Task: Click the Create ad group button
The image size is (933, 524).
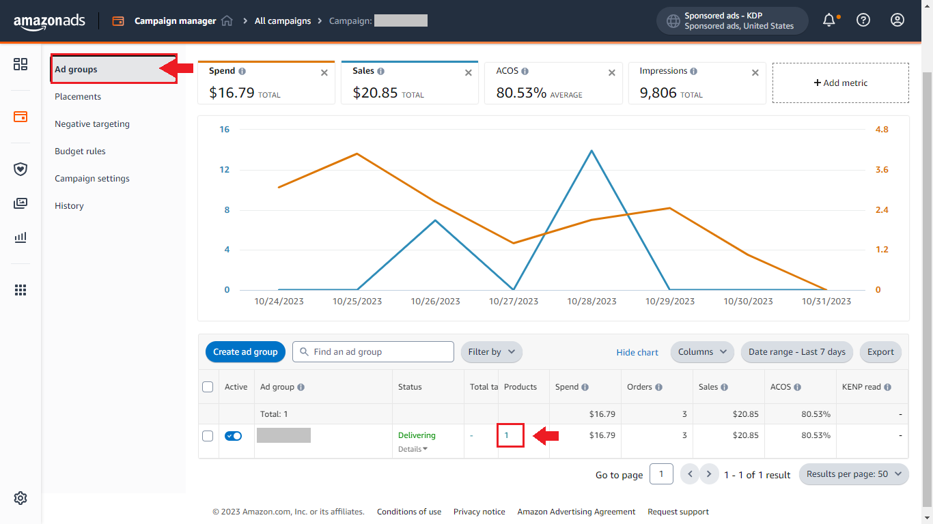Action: [x=245, y=352]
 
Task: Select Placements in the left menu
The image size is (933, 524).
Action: [x=78, y=97]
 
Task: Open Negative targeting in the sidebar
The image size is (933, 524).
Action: [x=92, y=124]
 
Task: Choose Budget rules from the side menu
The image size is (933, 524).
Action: [x=80, y=151]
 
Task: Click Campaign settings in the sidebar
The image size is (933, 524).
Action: [x=92, y=179]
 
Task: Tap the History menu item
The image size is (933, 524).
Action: [x=69, y=206]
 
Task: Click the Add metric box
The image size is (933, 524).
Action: [x=840, y=83]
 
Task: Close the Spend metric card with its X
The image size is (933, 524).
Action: [x=324, y=73]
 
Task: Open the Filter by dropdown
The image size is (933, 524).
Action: [x=491, y=352]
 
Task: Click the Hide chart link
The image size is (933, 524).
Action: [x=637, y=353]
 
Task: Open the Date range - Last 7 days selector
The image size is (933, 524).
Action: [x=796, y=352]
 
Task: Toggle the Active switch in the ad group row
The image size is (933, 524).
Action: [x=233, y=436]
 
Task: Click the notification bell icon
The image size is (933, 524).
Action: [x=828, y=20]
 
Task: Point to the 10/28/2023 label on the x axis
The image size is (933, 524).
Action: [x=591, y=301]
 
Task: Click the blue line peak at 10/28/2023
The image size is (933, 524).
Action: [x=591, y=151]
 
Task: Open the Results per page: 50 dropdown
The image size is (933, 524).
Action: [x=853, y=474]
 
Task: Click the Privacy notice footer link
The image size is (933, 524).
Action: [x=479, y=512]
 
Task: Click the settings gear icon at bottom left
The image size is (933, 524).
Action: [x=20, y=498]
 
